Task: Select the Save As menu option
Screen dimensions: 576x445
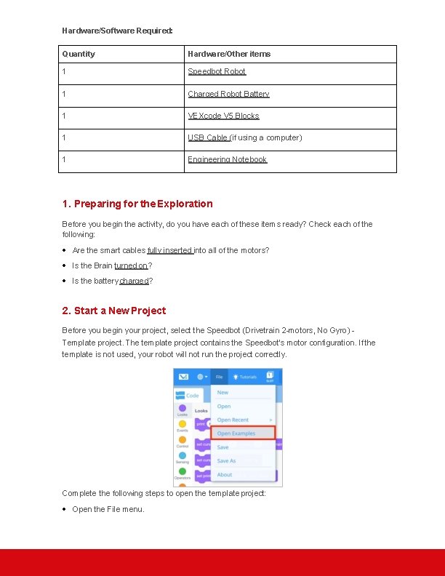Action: click(227, 460)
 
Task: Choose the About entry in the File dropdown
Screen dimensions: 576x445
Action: click(225, 475)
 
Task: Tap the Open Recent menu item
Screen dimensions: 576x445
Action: click(233, 420)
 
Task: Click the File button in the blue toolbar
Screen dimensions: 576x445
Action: click(219, 377)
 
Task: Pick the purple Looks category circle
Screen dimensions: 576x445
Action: click(183, 409)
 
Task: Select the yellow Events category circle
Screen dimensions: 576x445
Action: click(183, 425)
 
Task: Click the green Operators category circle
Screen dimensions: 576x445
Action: click(183, 471)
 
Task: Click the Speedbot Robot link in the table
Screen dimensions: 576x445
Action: click(217, 71)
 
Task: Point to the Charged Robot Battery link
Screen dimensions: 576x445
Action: click(228, 94)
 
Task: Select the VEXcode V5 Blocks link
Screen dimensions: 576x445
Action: click(223, 116)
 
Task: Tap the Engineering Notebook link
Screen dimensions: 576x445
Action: click(228, 159)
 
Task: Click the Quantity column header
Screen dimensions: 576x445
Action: click(79, 54)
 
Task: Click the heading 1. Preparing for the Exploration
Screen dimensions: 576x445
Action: click(137, 204)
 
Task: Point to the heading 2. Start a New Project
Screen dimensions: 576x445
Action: click(114, 311)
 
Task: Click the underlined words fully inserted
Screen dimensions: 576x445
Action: click(169, 250)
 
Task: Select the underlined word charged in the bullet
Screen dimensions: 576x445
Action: click(135, 281)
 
